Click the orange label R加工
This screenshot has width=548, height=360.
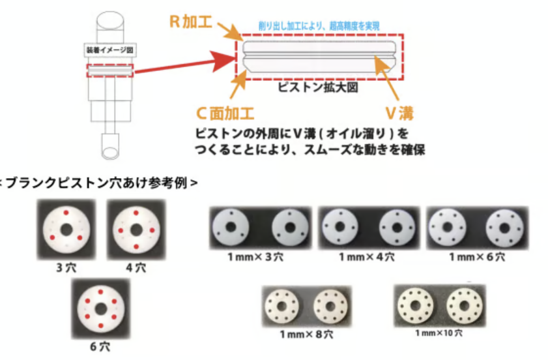[x=190, y=22]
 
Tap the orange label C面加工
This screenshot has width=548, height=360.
[x=225, y=113]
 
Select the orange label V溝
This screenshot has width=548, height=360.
[x=400, y=113]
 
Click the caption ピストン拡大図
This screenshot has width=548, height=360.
[x=318, y=87]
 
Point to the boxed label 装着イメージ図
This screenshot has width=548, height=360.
[x=109, y=50]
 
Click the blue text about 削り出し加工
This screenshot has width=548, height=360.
[x=319, y=26]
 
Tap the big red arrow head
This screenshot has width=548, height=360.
[x=225, y=61]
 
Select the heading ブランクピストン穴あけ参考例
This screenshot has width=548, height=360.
[x=99, y=183]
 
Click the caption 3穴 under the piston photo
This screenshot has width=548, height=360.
[x=66, y=267]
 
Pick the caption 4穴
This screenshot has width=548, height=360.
[x=136, y=267]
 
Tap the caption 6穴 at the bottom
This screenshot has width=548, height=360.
[x=100, y=347]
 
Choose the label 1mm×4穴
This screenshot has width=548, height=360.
[x=367, y=257]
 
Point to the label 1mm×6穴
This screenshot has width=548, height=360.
[x=477, y=257]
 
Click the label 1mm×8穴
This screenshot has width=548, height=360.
[x=306, y=335]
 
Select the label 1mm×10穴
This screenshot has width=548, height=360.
[x=439, y=333]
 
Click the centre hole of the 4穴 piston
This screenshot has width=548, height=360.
[x=136, y=230]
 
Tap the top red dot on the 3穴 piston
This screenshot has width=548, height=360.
[x=66, y=213]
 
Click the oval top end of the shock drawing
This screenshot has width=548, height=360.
[x=110, y=20]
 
